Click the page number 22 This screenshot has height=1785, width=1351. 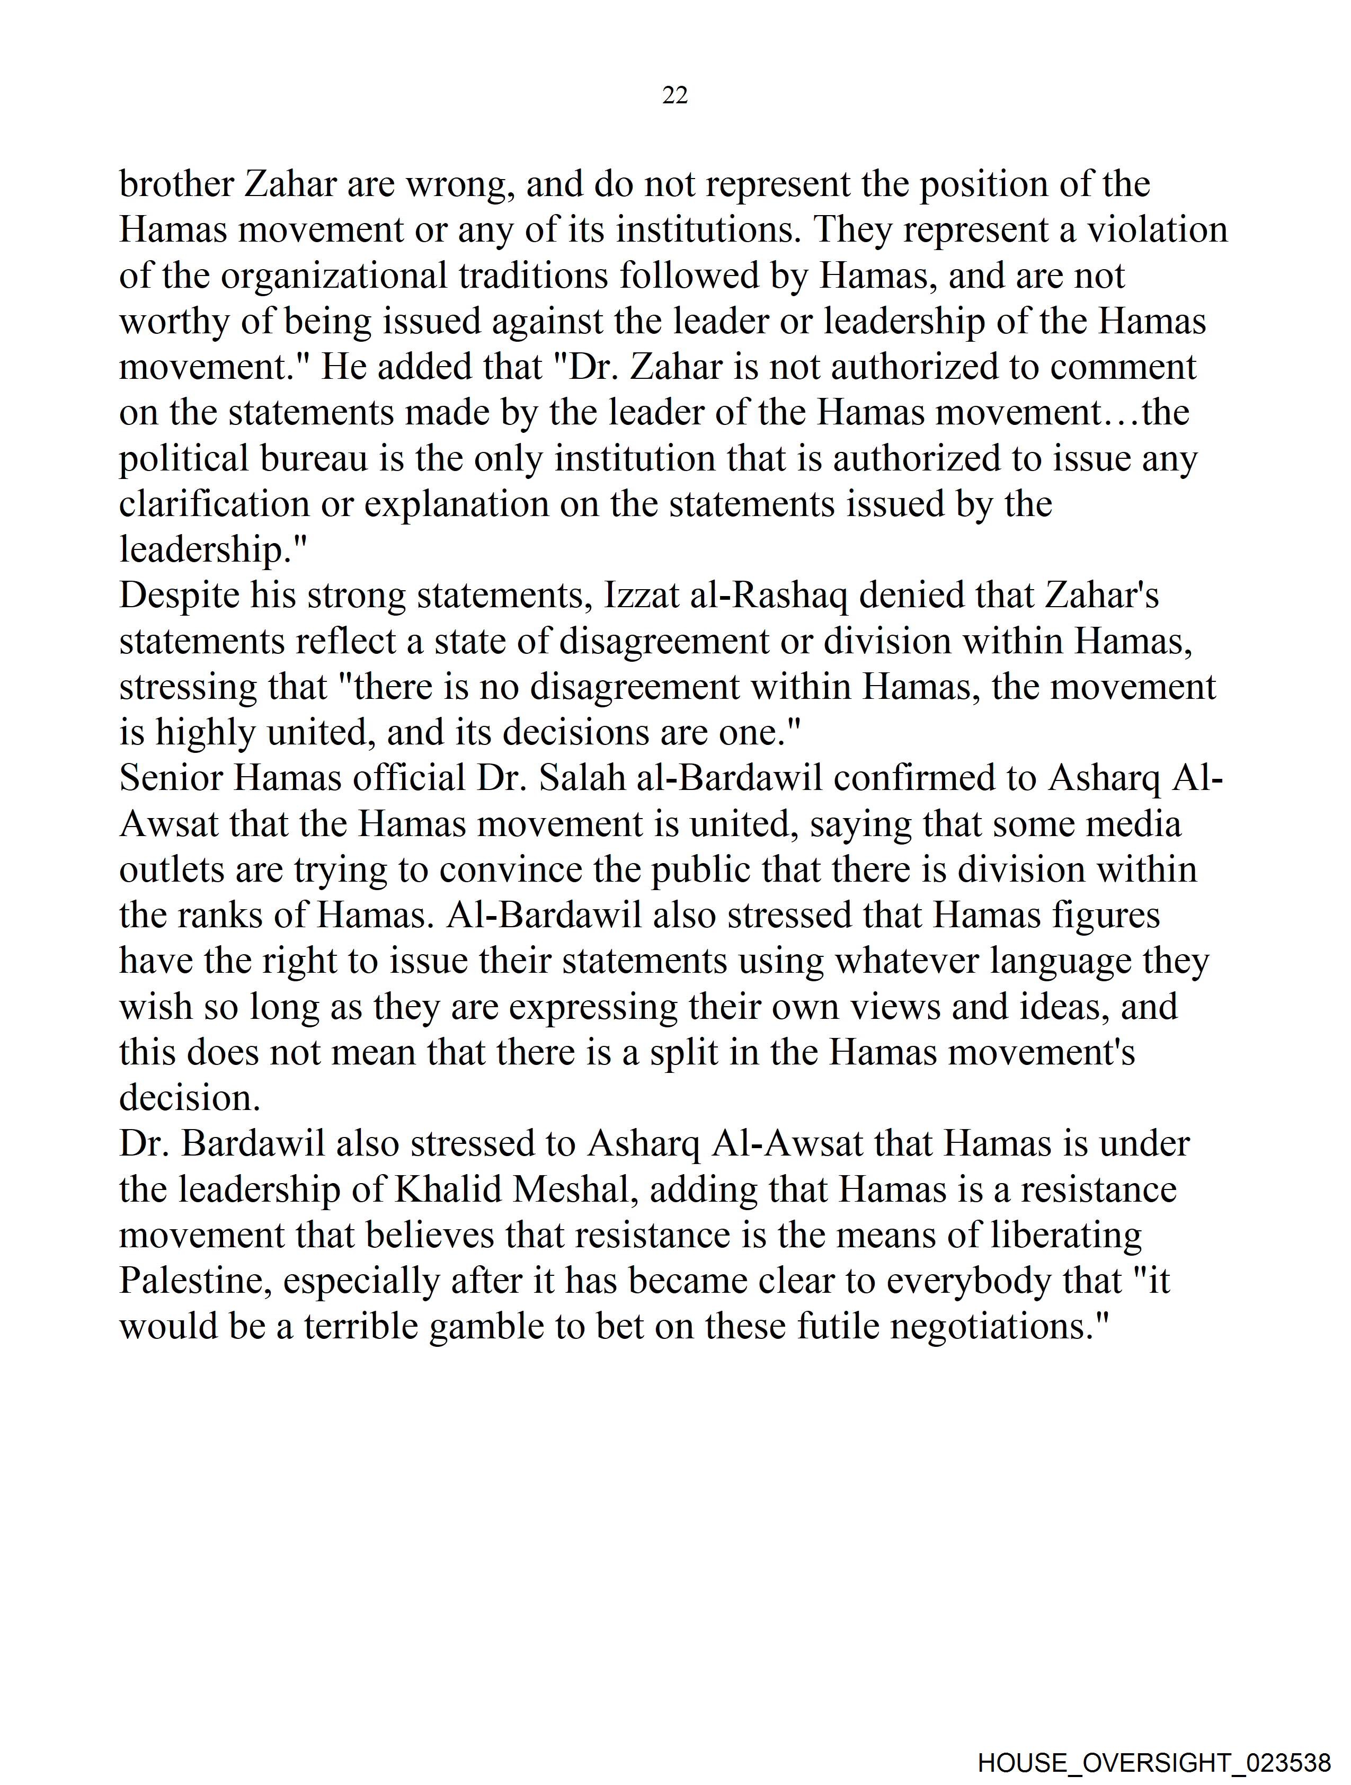(x=674, y=96)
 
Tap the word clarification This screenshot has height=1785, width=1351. (x=214, y=504)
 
